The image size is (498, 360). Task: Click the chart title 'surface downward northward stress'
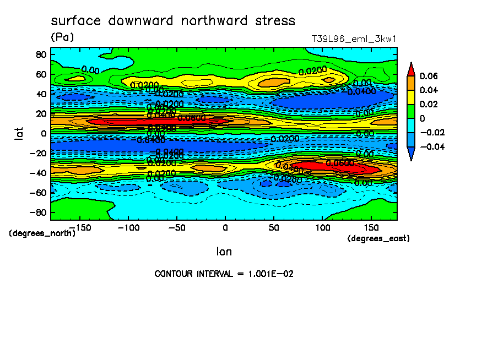coord(173,21)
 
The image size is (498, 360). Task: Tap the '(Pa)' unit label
coord(62,37)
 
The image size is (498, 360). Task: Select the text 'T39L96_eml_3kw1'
coord(353,39)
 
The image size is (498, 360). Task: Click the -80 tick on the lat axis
coord(39,212)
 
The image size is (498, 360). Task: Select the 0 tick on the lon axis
coord(225,227)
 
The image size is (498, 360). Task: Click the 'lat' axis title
coord(20,132)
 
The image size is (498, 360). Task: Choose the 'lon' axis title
coord(224,252)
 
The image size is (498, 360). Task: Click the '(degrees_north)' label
coord(42,233)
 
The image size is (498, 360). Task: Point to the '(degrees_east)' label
coord(379,238)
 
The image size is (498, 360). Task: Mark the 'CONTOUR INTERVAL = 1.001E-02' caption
coord(224,274)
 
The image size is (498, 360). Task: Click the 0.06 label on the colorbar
coord(428,76)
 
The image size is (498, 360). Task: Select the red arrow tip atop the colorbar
coord(411,68)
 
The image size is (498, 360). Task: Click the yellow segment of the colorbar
coord(411,97)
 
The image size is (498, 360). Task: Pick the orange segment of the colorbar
coord(411,83)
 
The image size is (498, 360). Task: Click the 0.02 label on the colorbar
coord(428,104)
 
